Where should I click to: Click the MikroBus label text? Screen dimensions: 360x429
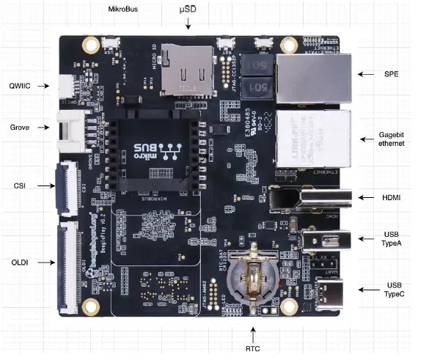pos(123,10)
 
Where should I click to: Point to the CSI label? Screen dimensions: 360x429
pos(21,185)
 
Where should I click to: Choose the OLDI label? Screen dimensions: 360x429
pos(20,261)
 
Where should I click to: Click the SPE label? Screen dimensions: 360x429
pos(391,74)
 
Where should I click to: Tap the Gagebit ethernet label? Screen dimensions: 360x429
pos(392,139)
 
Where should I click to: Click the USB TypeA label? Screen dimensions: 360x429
pos(391,239)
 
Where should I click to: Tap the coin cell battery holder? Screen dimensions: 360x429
pos(250,279)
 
